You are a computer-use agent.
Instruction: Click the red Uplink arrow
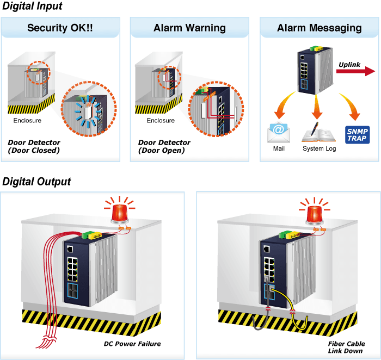click(355, 71)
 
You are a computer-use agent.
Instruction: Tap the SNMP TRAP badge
click(357, 135)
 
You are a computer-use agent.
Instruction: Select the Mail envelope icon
click(279, 132)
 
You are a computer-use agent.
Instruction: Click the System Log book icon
click(318, 132)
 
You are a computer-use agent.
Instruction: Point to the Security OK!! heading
click(60, 28)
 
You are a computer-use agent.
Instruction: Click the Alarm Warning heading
click(189, 28)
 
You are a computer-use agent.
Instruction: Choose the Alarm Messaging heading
click(319, 28)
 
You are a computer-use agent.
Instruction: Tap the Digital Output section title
click(36, 182)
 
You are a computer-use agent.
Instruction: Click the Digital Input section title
click(32, 6)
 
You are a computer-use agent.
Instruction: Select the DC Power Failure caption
click(132, 344)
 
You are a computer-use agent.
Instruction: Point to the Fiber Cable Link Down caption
click(346, 347)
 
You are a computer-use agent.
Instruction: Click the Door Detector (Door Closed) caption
click(34, 146)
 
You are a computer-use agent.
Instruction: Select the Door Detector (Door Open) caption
click(164, 146)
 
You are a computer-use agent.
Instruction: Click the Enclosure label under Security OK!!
click(27, 120)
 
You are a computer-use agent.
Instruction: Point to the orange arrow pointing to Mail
click(284, 105)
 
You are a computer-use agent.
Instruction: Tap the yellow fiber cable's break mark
click(293, 312)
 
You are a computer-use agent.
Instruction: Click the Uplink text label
click(349, 65)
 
